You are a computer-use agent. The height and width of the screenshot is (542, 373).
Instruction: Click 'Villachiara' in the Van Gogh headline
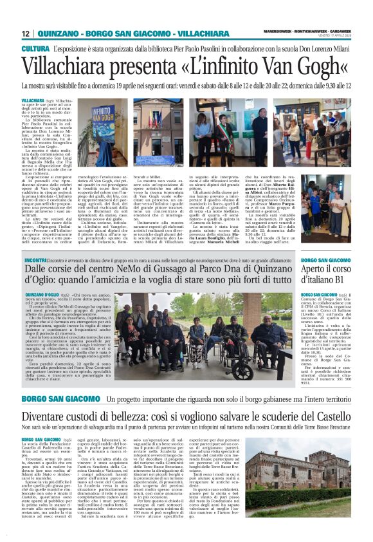pos(67,66)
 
